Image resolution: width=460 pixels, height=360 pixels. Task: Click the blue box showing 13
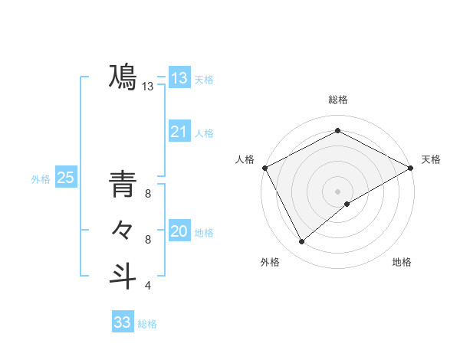pos(179,77)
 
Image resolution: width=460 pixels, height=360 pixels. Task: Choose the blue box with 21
pos(179,132)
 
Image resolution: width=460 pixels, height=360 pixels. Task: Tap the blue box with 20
pos(179,231)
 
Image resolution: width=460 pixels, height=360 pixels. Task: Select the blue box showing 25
pos(65,178)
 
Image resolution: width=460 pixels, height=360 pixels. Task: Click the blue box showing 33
pos(122,322)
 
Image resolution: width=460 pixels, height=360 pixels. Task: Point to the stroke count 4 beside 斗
pos(148,286)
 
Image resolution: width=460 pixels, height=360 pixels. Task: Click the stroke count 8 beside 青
pos(148,194)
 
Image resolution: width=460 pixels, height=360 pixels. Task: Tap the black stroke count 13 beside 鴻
pos(148,87)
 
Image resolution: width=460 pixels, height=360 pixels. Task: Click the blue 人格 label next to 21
pos(204,133)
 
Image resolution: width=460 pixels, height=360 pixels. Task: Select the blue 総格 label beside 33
pos(147,324)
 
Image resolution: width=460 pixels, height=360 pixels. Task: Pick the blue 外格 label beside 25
pos(41,179)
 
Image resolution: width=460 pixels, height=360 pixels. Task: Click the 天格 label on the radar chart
pos(431,159)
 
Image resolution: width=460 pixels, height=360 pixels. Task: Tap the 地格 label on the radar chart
pos(402,263)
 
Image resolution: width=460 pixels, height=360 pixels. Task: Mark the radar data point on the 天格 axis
pos(411,168)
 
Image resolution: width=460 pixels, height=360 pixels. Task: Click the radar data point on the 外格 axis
pos(302,242)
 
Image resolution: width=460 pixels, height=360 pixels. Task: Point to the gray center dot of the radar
pos(337,191)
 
